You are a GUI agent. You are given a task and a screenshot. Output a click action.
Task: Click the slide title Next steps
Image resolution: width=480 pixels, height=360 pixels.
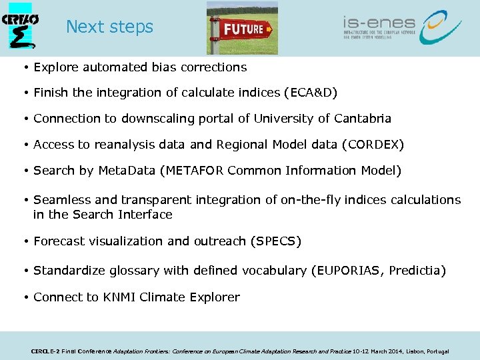click(x=109, y=27)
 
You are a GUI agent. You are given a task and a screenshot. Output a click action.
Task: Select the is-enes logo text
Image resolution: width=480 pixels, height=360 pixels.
click(x=379, y=23)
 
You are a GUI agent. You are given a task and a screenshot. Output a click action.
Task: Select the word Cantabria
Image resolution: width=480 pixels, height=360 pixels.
click(x=361, y=119)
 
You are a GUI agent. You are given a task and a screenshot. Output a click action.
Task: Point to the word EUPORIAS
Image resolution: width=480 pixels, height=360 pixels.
click(x=349, y=271)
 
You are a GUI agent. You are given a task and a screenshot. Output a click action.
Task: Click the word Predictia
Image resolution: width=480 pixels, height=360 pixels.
click(x=416, y=271)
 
